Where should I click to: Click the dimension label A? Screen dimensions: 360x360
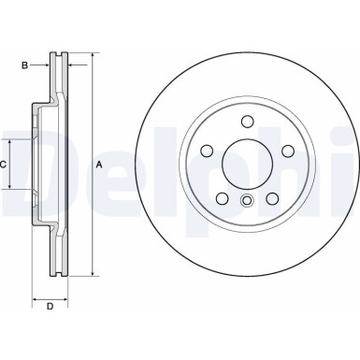click(99, 165)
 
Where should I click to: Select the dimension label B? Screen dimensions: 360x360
click(25, 65)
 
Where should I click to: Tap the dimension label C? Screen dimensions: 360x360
click(5, 165)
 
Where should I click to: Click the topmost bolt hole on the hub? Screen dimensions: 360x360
click(247, 121)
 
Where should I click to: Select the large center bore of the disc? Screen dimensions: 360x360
click(247, 162)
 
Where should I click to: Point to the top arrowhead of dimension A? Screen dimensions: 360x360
click(94, 58)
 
